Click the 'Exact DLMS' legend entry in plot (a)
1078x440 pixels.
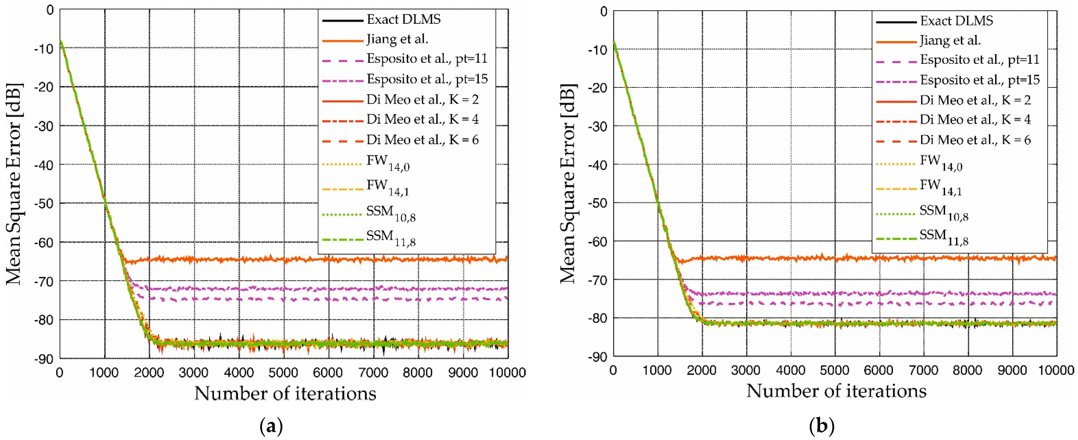[x=403, y=19]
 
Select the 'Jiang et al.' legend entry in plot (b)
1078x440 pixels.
[x=950, y=40]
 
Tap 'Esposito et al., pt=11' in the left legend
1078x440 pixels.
[x=427, y=58]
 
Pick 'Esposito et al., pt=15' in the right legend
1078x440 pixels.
[x=980, y=80]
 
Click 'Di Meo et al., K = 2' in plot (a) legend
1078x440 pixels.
[x=422, y=99]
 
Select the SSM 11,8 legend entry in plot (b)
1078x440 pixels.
[x=944, y=237]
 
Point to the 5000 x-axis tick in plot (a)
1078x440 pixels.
[x=283, y=372]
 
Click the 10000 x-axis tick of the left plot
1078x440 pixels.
[x=507, y=372]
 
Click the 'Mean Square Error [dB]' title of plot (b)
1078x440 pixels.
[x=568, y=184]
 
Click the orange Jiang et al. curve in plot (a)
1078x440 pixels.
[x=293, y=260]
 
